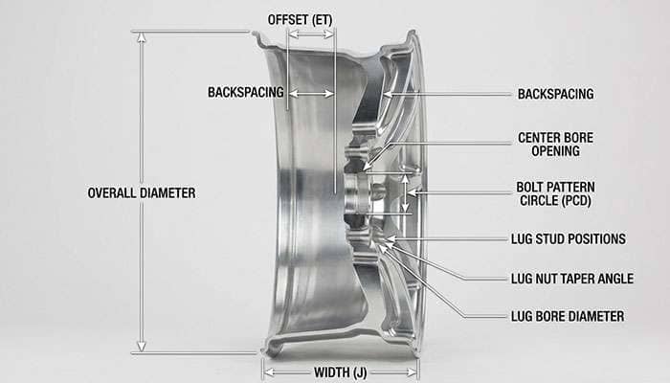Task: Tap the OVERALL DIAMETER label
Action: point(142,192)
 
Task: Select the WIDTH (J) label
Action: point(341,372)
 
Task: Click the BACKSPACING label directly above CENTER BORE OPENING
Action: point(555,94)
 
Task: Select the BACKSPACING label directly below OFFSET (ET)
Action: point(246,93)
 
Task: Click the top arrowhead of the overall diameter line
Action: point(142,35)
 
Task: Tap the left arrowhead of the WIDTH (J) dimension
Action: point(267,372)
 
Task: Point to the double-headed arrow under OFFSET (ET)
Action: point(311,34)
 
